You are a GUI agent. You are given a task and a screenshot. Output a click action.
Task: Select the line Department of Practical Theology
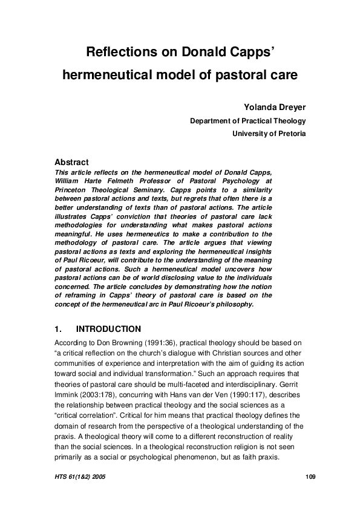(x=247, y=121)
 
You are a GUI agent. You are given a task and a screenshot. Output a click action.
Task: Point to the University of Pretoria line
(x=269, y=134)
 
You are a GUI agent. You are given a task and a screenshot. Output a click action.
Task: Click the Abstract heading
(x=71, y=162)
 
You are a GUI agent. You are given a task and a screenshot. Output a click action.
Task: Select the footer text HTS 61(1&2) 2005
(x=80, y=478)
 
